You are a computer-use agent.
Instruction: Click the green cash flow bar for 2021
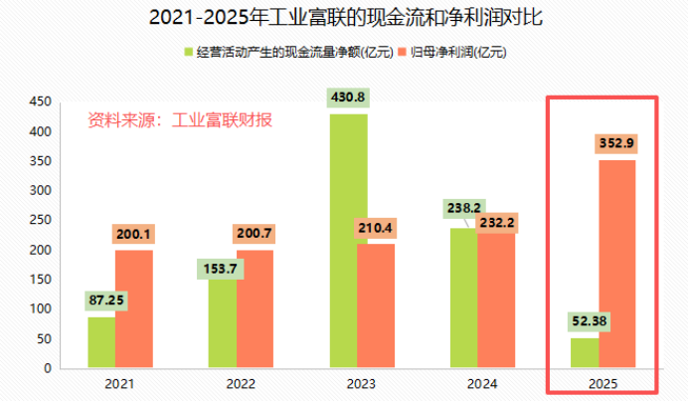click(x=100, y=342)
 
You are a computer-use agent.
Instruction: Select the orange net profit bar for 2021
click(x=133, y=308)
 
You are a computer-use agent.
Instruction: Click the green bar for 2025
click(x=585, y=353)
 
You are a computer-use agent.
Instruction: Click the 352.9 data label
click(x=616, y=143)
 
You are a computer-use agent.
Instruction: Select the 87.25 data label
click(x=106, y=300)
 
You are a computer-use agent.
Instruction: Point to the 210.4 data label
click(x=376, y=229)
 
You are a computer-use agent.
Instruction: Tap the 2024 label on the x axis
click(x=482, y=382)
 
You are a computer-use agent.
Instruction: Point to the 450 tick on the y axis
click(x=40, y=101)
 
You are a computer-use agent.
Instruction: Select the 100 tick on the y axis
click(x=40, y=309)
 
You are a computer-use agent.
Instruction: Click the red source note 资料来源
click(x=179, y=120)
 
